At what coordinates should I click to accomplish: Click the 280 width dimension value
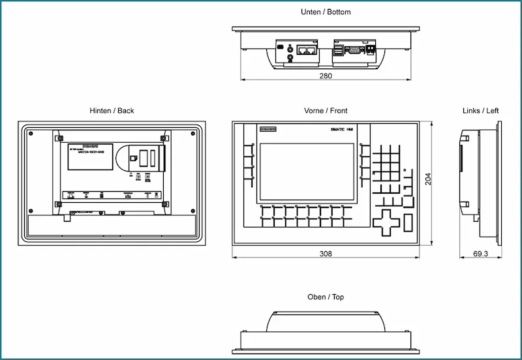(x=325, y=76)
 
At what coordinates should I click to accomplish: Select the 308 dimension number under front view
(x=325, y=253)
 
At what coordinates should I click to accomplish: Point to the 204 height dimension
(x=428, y=179)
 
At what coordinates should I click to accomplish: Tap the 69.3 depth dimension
(x=480, y=253)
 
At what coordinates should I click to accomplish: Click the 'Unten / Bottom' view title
(x=326, y=12)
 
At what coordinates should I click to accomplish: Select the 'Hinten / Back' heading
(x=112, y=111)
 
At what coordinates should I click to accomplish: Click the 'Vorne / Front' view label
(x=326, y=111)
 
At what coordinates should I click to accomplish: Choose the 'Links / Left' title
(x=480, y=111)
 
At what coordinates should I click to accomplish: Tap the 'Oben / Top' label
(x=326, y=297)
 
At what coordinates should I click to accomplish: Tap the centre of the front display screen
(x=308, y=172)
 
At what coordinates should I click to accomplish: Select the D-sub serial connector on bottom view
(x=351, y=49)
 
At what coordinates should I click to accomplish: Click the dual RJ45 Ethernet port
(x=305, y=50)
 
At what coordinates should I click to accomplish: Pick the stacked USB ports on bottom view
(x=337, y=51)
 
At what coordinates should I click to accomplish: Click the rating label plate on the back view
(x=89, y=157)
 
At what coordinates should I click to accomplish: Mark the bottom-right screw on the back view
(x=193, y=210)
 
